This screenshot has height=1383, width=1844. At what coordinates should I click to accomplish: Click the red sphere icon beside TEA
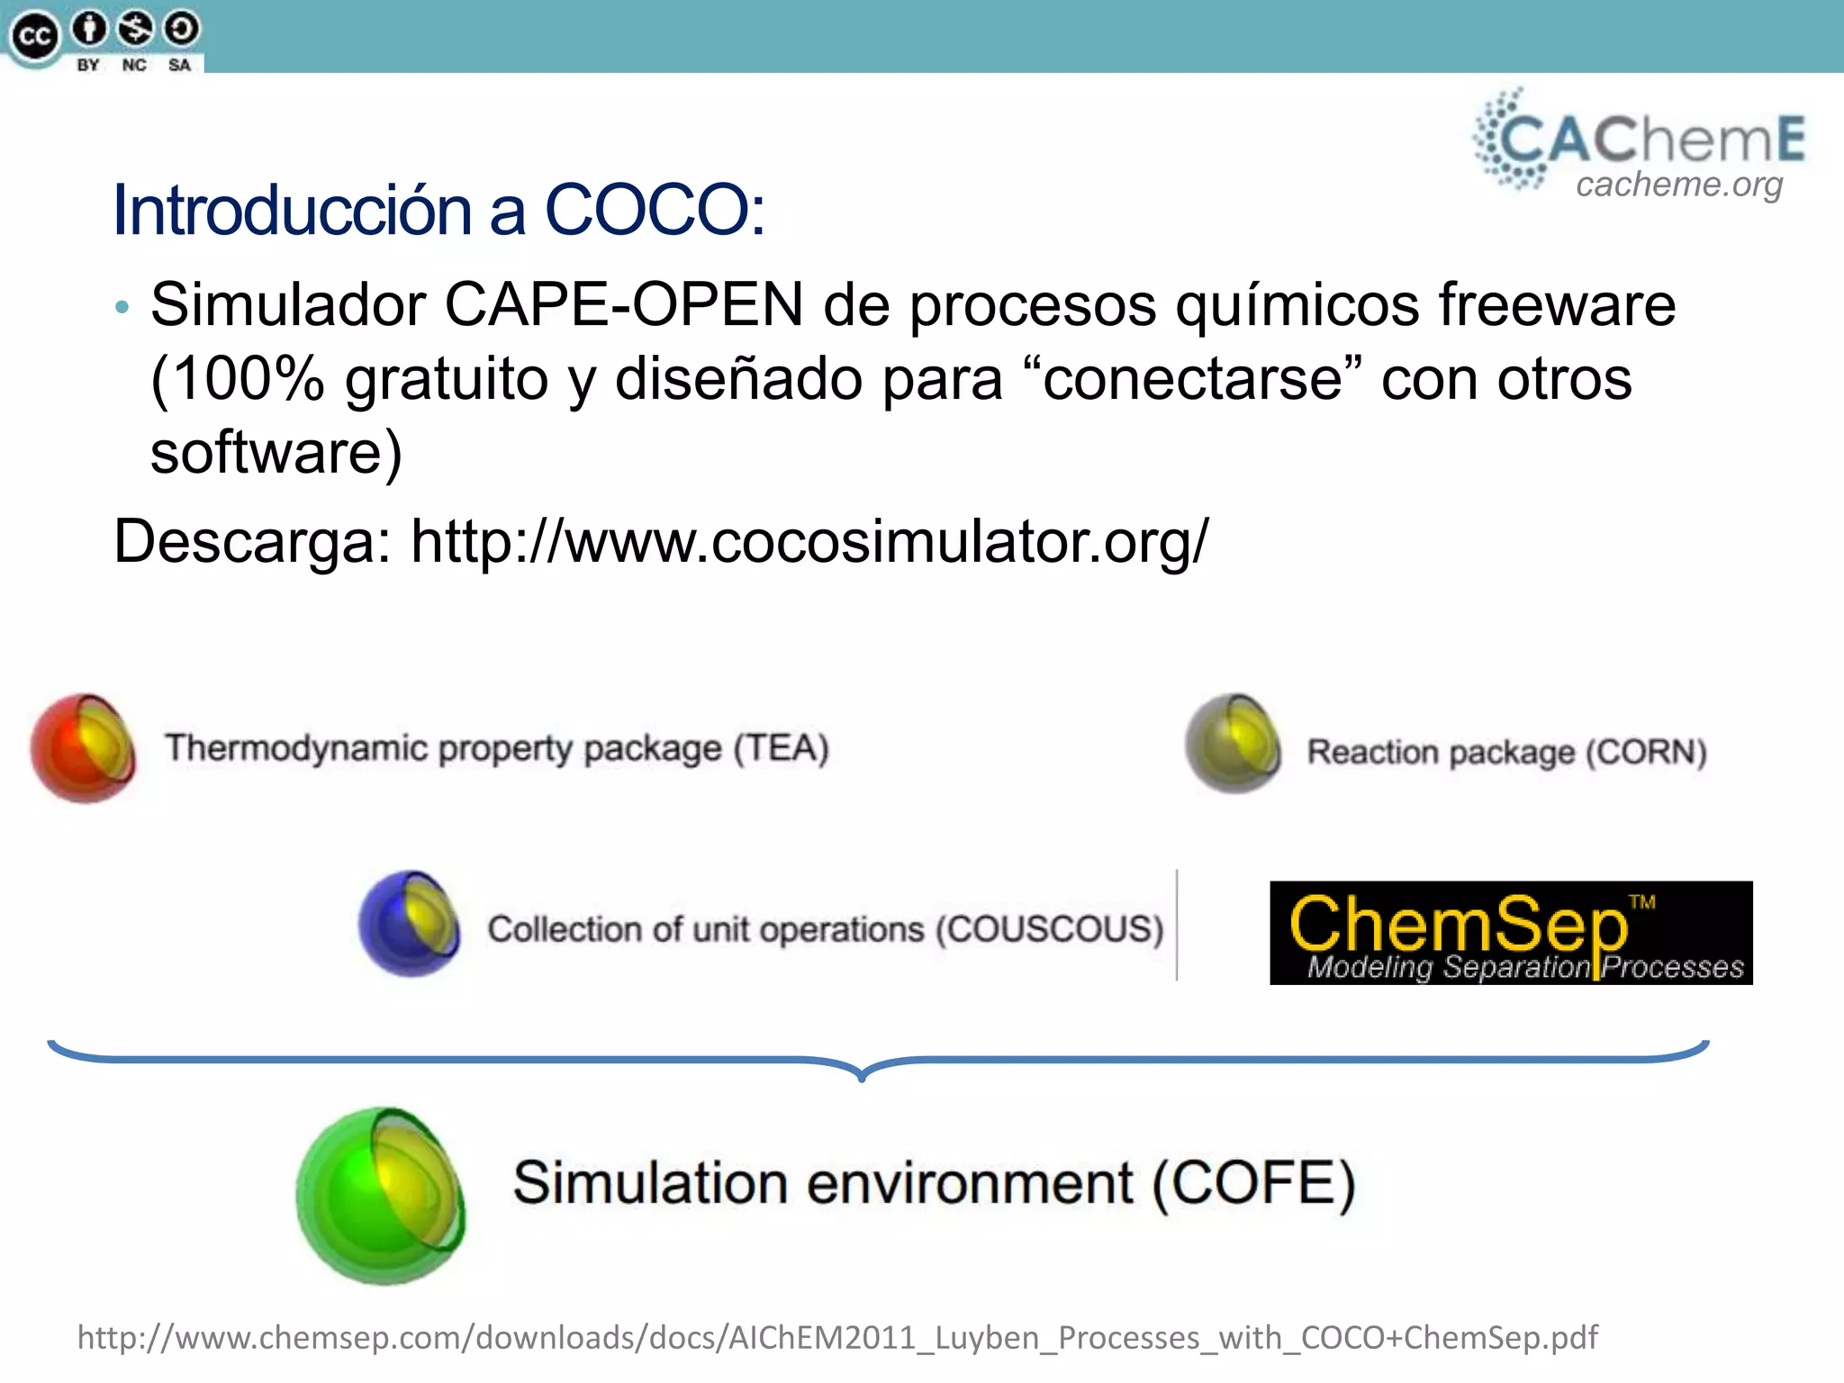click(x=83, y=747)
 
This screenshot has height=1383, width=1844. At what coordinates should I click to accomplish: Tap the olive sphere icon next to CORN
click(x=1233, y=744)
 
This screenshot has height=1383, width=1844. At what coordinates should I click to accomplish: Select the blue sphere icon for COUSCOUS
click(x=410, y=923)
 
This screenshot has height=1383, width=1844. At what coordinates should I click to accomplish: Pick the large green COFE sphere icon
click(x=382, y=1195)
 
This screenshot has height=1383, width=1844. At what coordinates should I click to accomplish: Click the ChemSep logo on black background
click(x=1510, y=933)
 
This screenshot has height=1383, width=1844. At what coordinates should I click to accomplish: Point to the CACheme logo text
click(x=1648, y=139)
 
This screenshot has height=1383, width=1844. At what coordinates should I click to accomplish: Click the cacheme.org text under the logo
click(x=1678, y=185)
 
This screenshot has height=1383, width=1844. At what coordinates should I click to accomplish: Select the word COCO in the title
click(x=653, y=210)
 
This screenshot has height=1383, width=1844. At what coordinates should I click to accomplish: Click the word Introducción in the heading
click(x=292, y=210)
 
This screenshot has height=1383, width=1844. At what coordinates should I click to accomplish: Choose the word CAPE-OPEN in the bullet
click(x=623, y=304)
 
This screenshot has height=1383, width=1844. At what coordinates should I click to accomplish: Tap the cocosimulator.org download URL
click(x=809, y=541)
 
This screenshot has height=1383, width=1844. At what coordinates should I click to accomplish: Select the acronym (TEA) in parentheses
click(x=781, y=748)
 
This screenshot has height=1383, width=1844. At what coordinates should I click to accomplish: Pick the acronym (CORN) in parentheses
click(x=1646, y=752)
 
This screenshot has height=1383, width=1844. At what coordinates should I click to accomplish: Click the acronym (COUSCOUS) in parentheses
click(x=1050, y=928)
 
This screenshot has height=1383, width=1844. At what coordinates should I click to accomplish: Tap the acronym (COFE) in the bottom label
click(x=1253, y=1182)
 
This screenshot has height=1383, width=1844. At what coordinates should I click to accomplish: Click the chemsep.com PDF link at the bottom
click(x=837, y=1337)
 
